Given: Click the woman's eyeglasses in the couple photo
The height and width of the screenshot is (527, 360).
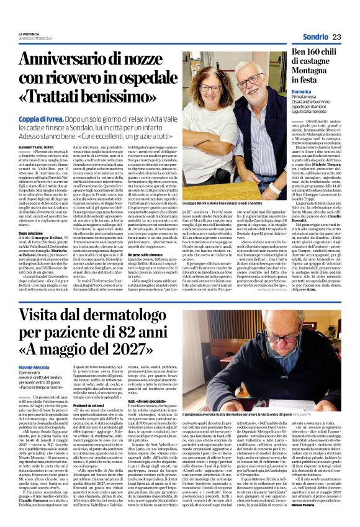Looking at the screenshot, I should (x=201, y=91).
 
